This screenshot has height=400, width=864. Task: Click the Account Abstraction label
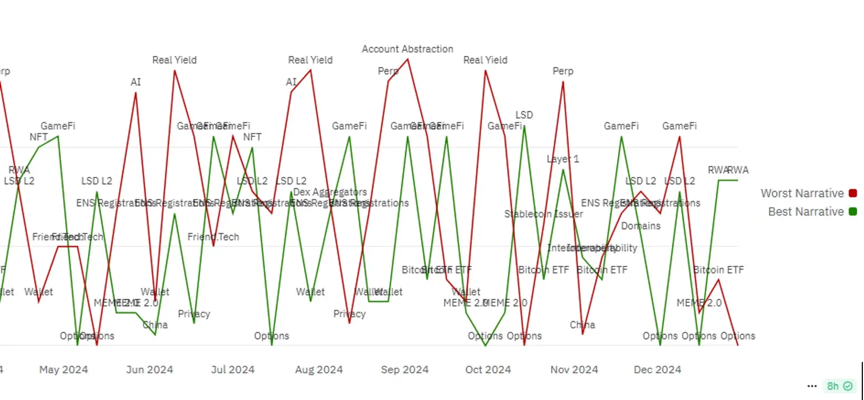(407, 49)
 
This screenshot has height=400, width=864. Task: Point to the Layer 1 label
(563, 159)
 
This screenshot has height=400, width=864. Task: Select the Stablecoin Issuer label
(543, 214)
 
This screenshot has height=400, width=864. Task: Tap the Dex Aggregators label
(330, 192)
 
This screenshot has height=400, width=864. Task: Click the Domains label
(640, 226)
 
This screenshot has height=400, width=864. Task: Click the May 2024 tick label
(63, 370)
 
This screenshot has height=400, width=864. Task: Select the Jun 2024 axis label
(149, 370)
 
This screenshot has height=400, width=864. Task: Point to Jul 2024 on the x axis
(234, 370)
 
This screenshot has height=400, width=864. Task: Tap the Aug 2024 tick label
(319, 370)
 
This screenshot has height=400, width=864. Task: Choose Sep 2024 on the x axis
(405, 370)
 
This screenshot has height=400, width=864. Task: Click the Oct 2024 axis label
(488, 370)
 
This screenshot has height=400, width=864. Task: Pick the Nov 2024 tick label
(574, 370)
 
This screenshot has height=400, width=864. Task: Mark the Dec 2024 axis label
(657, 370)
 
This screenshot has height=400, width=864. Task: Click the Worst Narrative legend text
(802, 193)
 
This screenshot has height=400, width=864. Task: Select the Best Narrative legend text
(805, 212)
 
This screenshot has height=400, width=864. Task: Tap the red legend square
(853, 193)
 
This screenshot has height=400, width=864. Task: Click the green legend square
(853, 212)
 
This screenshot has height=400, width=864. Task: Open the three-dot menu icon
(813, 386)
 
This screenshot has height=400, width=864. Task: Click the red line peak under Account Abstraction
(408, 59)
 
